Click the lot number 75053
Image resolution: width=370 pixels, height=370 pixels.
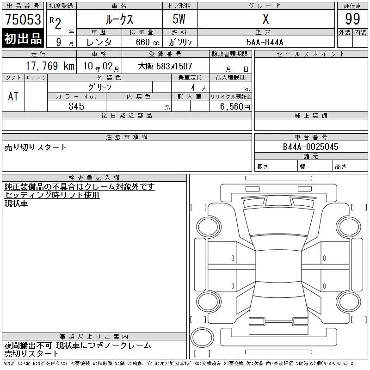coord(23,19)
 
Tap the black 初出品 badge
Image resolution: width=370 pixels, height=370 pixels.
coord(23,38)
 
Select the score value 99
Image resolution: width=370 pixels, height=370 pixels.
coord(352,19)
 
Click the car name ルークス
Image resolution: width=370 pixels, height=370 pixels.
coord(119,19)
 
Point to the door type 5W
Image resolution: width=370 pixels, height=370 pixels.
coord(179,19)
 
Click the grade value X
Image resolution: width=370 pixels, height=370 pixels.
coord(265,19)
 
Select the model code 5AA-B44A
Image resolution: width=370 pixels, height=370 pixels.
coord(265,42)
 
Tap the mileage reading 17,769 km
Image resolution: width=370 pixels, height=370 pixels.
coord(50,66)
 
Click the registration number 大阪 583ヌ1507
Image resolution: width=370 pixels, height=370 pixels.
coord(165,66)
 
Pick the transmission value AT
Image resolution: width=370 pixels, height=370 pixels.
coord(13,96)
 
